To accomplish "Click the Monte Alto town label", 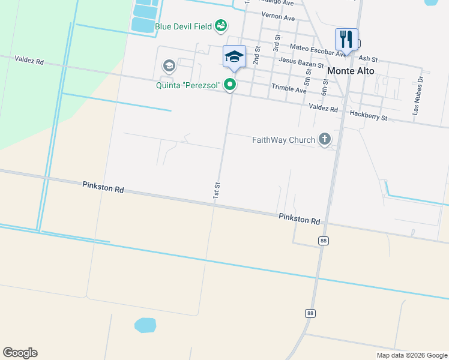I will click(x=351, y=71).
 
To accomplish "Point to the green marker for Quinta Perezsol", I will click(x=230, y=86).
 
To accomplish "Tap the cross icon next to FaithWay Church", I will click(x=325, y=140).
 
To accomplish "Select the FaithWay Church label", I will click(x=283, y=140).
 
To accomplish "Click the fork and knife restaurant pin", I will click(x=346, y=40).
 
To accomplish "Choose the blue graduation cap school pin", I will click(x=234, y=57).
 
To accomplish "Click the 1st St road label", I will click(x=218, y=190).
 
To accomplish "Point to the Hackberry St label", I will click(x=369, y=115).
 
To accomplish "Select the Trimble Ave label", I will click(x=289, y=89).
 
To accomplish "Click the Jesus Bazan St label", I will click(x=301, y=62).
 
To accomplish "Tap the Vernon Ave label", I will click(x=278, y=17).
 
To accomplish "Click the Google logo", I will click(x=20, y=353).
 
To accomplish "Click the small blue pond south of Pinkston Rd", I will click(x=145, y=325).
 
